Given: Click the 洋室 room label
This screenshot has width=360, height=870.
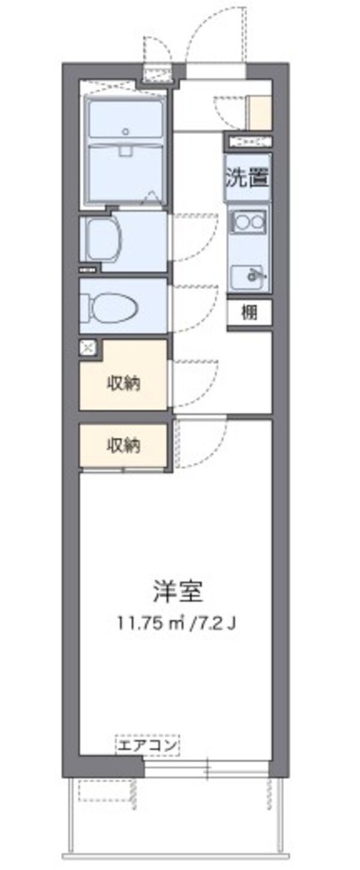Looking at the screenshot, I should coord(178,591).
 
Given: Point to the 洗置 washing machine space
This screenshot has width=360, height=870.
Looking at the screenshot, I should coord(248,177).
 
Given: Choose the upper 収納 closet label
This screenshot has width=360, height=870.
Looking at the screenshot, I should coord(124,382).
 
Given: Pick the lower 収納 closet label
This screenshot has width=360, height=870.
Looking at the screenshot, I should coord(124,445).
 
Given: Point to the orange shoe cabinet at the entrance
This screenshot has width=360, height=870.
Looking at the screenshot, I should coord(260,112).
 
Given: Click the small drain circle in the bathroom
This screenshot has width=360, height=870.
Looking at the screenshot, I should coord(125,131).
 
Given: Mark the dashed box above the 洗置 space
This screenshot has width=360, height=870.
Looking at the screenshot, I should coord(248,142).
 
